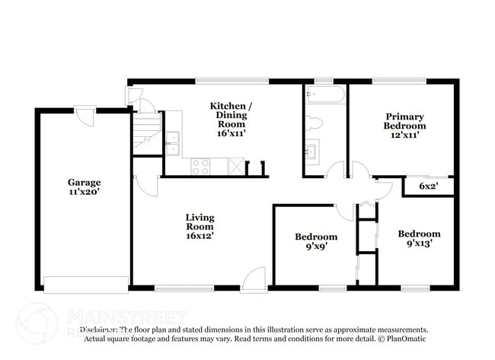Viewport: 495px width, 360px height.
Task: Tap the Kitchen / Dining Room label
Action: (x=228, y=119)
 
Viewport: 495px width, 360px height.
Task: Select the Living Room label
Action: (x=200, y=227)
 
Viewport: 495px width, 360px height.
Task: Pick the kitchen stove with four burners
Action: (x=201, y=165)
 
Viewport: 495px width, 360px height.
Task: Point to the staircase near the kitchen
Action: (x=148, y=129)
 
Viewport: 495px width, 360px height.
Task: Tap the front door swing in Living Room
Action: (x=254, y=279)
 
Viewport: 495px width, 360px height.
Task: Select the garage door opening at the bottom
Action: (x=85, y=285)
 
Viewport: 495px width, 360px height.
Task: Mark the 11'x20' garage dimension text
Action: (x=84, y=193)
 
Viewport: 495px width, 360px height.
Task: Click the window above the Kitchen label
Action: (x=232, y=81)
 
